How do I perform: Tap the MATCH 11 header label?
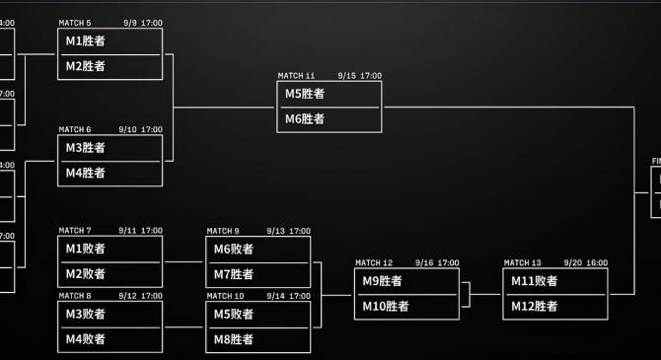296,76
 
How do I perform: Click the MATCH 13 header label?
522,263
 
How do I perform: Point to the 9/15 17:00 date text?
359,76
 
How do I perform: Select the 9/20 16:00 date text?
585,263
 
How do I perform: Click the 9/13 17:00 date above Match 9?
288,231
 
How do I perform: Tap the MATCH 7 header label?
75,231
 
